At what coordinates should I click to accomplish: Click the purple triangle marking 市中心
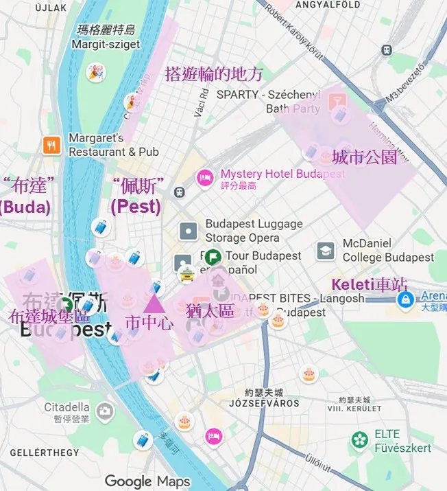click(153, 302)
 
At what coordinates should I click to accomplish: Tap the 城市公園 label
click(364, 157)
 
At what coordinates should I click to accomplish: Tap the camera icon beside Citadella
click(104, 411)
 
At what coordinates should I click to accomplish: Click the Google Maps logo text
click(147, 481)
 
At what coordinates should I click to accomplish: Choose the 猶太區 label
click(210, 310)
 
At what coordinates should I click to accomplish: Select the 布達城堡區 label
click(49, 317)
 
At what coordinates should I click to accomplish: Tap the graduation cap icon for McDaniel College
click(326, 251)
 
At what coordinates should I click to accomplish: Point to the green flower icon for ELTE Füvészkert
click(359, 439)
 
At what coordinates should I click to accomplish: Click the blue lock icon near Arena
click(406, 299)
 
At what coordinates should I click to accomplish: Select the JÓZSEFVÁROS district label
click(263, 403)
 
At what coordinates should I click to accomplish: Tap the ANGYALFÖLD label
click(327, 5)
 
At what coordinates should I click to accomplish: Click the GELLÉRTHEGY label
click(45, 453)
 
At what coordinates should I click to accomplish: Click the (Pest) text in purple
click(136, 206)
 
